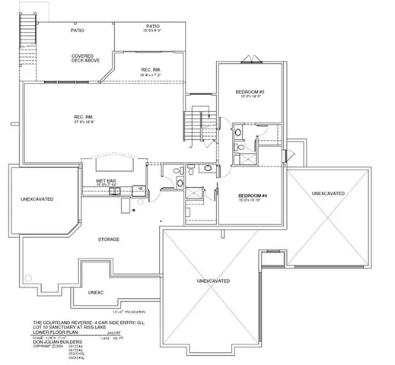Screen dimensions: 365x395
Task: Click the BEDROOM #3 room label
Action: coord(249,93)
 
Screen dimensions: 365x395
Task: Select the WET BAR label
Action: coord(106,181)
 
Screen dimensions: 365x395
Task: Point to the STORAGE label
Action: coord(108,240)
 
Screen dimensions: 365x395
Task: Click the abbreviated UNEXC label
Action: coord(95,291)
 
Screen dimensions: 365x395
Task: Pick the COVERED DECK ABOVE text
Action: coord(83,59)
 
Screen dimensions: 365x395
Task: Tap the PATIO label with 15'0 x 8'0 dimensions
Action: coord(152,28)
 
